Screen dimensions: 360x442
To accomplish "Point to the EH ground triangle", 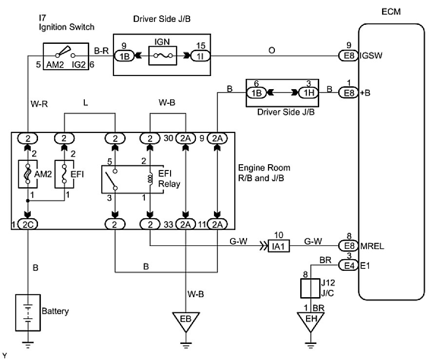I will [x=310, y=321].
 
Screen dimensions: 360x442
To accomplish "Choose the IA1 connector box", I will [x=279, y=247].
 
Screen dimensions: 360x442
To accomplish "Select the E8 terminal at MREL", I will [x=348, y=247].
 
